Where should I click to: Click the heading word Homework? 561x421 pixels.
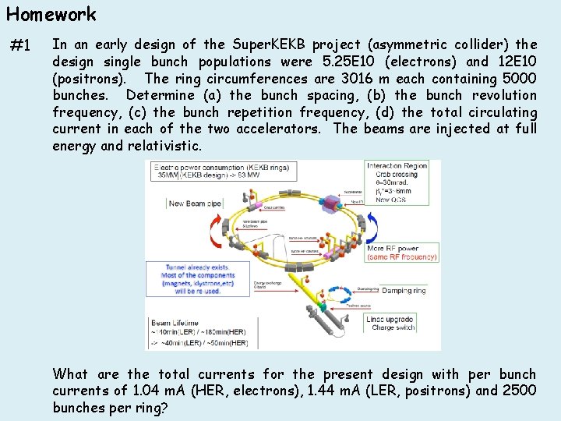click(x=51, y=14)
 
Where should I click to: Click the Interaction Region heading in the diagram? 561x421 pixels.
click(x=397, y=166)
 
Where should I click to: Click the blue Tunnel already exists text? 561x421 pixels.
click(x=196, y=267)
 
